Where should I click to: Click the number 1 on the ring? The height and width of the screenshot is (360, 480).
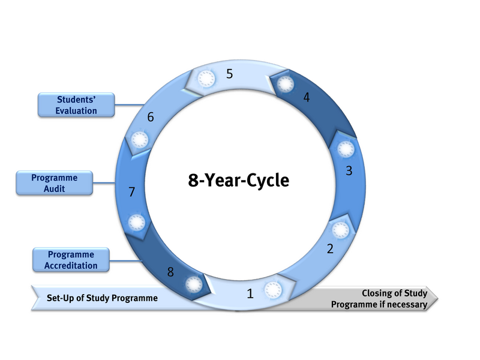251,294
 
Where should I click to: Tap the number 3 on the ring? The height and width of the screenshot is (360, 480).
349,170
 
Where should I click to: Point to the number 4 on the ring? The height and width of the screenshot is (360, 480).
307,97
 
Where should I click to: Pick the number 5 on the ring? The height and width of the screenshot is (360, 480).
229,74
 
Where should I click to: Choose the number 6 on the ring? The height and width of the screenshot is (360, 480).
151,117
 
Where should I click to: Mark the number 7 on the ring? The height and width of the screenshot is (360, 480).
132,193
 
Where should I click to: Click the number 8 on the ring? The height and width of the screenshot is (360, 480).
170,272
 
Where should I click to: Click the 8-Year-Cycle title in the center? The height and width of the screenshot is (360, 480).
239,179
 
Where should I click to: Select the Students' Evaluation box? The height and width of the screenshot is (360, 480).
76,105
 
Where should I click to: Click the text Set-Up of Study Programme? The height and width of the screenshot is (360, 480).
102,298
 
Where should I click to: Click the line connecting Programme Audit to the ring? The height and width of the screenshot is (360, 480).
106,182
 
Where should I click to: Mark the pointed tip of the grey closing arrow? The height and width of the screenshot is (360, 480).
439,299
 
